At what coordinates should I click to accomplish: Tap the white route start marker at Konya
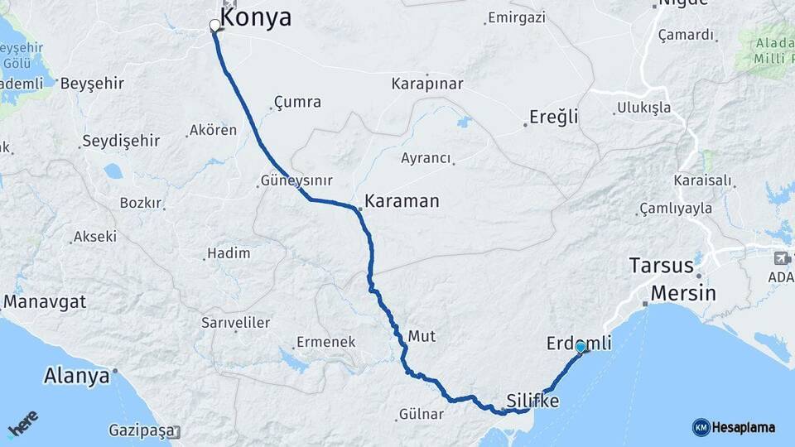(215, 26)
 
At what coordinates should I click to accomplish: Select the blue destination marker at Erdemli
(581, 348)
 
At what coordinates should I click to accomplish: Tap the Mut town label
(422, 336)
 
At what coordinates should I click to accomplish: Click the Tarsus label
(660, 266)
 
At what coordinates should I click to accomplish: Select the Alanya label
(76, 376)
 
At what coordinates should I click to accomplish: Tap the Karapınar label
(426, 84)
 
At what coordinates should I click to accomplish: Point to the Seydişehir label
(121, 141)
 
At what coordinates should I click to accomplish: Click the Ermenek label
(325, 342)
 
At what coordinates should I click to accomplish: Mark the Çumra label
(298, 103)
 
